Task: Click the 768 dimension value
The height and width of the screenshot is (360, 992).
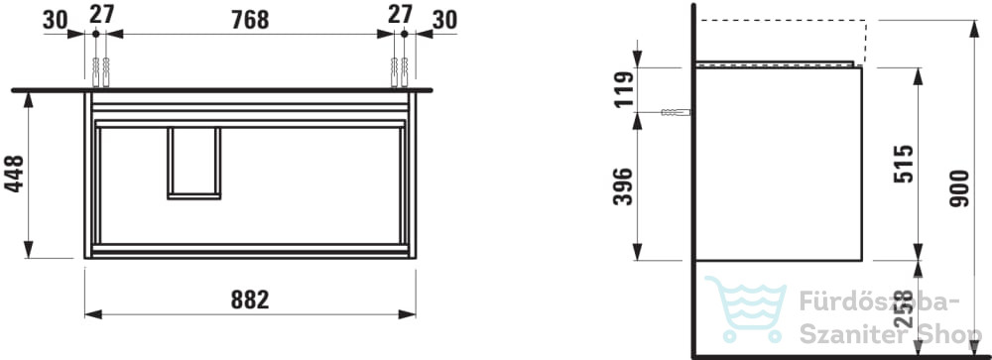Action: [250, 20]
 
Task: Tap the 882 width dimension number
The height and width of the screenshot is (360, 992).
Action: [250, 300]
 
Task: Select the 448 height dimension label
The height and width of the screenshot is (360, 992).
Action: [14, 174]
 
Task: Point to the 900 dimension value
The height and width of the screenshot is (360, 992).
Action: [959, 187]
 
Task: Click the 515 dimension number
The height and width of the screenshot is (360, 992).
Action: [904, 164]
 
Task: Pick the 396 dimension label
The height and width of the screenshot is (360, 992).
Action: [623, 186]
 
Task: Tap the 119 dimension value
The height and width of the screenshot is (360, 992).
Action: [623, 89]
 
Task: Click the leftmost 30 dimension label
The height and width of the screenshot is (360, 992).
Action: [55, 20]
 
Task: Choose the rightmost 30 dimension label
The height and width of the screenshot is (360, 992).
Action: [444, 20]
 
